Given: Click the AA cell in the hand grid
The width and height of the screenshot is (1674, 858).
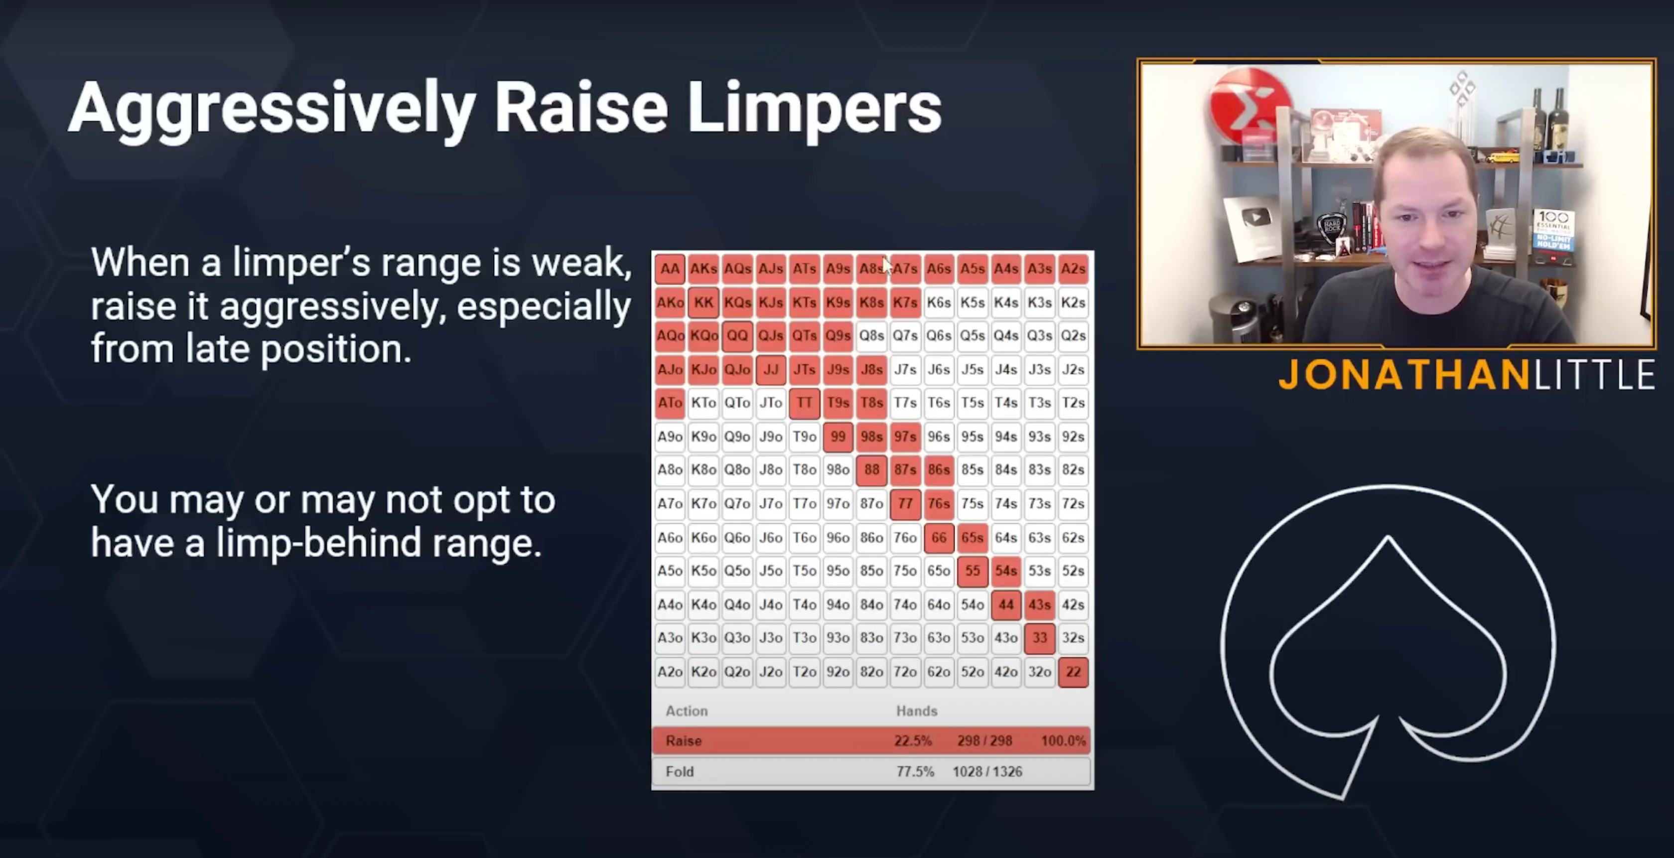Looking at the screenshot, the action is tap(669, 269).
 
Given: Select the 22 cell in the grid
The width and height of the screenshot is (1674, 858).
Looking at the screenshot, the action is tap(1072, 672).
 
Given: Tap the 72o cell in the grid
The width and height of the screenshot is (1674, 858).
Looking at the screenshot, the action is tap(905, 672).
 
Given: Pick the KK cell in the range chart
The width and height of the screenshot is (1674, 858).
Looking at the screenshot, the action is tap(703, 302).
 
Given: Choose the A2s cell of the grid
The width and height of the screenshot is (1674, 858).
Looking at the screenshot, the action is tap(1072, 269).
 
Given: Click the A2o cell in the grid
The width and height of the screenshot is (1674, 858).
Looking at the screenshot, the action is tap(669, 672).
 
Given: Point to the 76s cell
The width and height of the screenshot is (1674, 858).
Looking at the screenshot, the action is tap(938, 504).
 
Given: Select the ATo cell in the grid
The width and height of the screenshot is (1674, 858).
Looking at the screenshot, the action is tap(669, 403).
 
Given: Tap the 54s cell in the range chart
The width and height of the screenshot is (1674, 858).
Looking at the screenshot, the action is tap(1005, 571).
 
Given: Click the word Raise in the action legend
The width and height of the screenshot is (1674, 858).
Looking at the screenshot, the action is tap(683, 740).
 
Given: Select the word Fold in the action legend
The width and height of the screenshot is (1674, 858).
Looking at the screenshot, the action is tap(679, 771).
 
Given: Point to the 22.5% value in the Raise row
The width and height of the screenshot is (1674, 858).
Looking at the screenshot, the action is tap(912, 740).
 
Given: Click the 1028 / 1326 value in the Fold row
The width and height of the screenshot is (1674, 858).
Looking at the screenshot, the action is tap(987, 771).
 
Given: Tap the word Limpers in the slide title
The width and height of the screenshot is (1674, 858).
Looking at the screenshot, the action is tap(814, 109).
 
